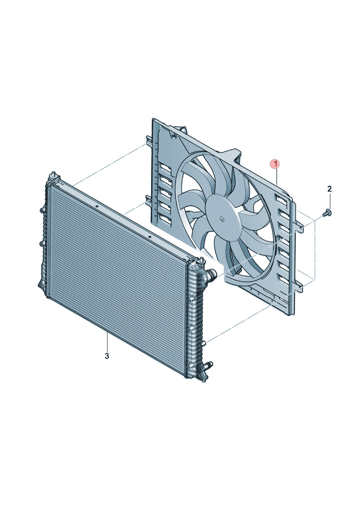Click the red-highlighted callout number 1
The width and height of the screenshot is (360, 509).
click(x=276, y=164)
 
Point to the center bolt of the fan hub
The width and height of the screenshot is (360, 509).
click(x=222, y=219)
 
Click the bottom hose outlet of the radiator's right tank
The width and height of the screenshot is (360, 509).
click(x=208, y=371)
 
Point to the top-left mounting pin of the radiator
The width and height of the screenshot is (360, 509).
click(x=54, y=175)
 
